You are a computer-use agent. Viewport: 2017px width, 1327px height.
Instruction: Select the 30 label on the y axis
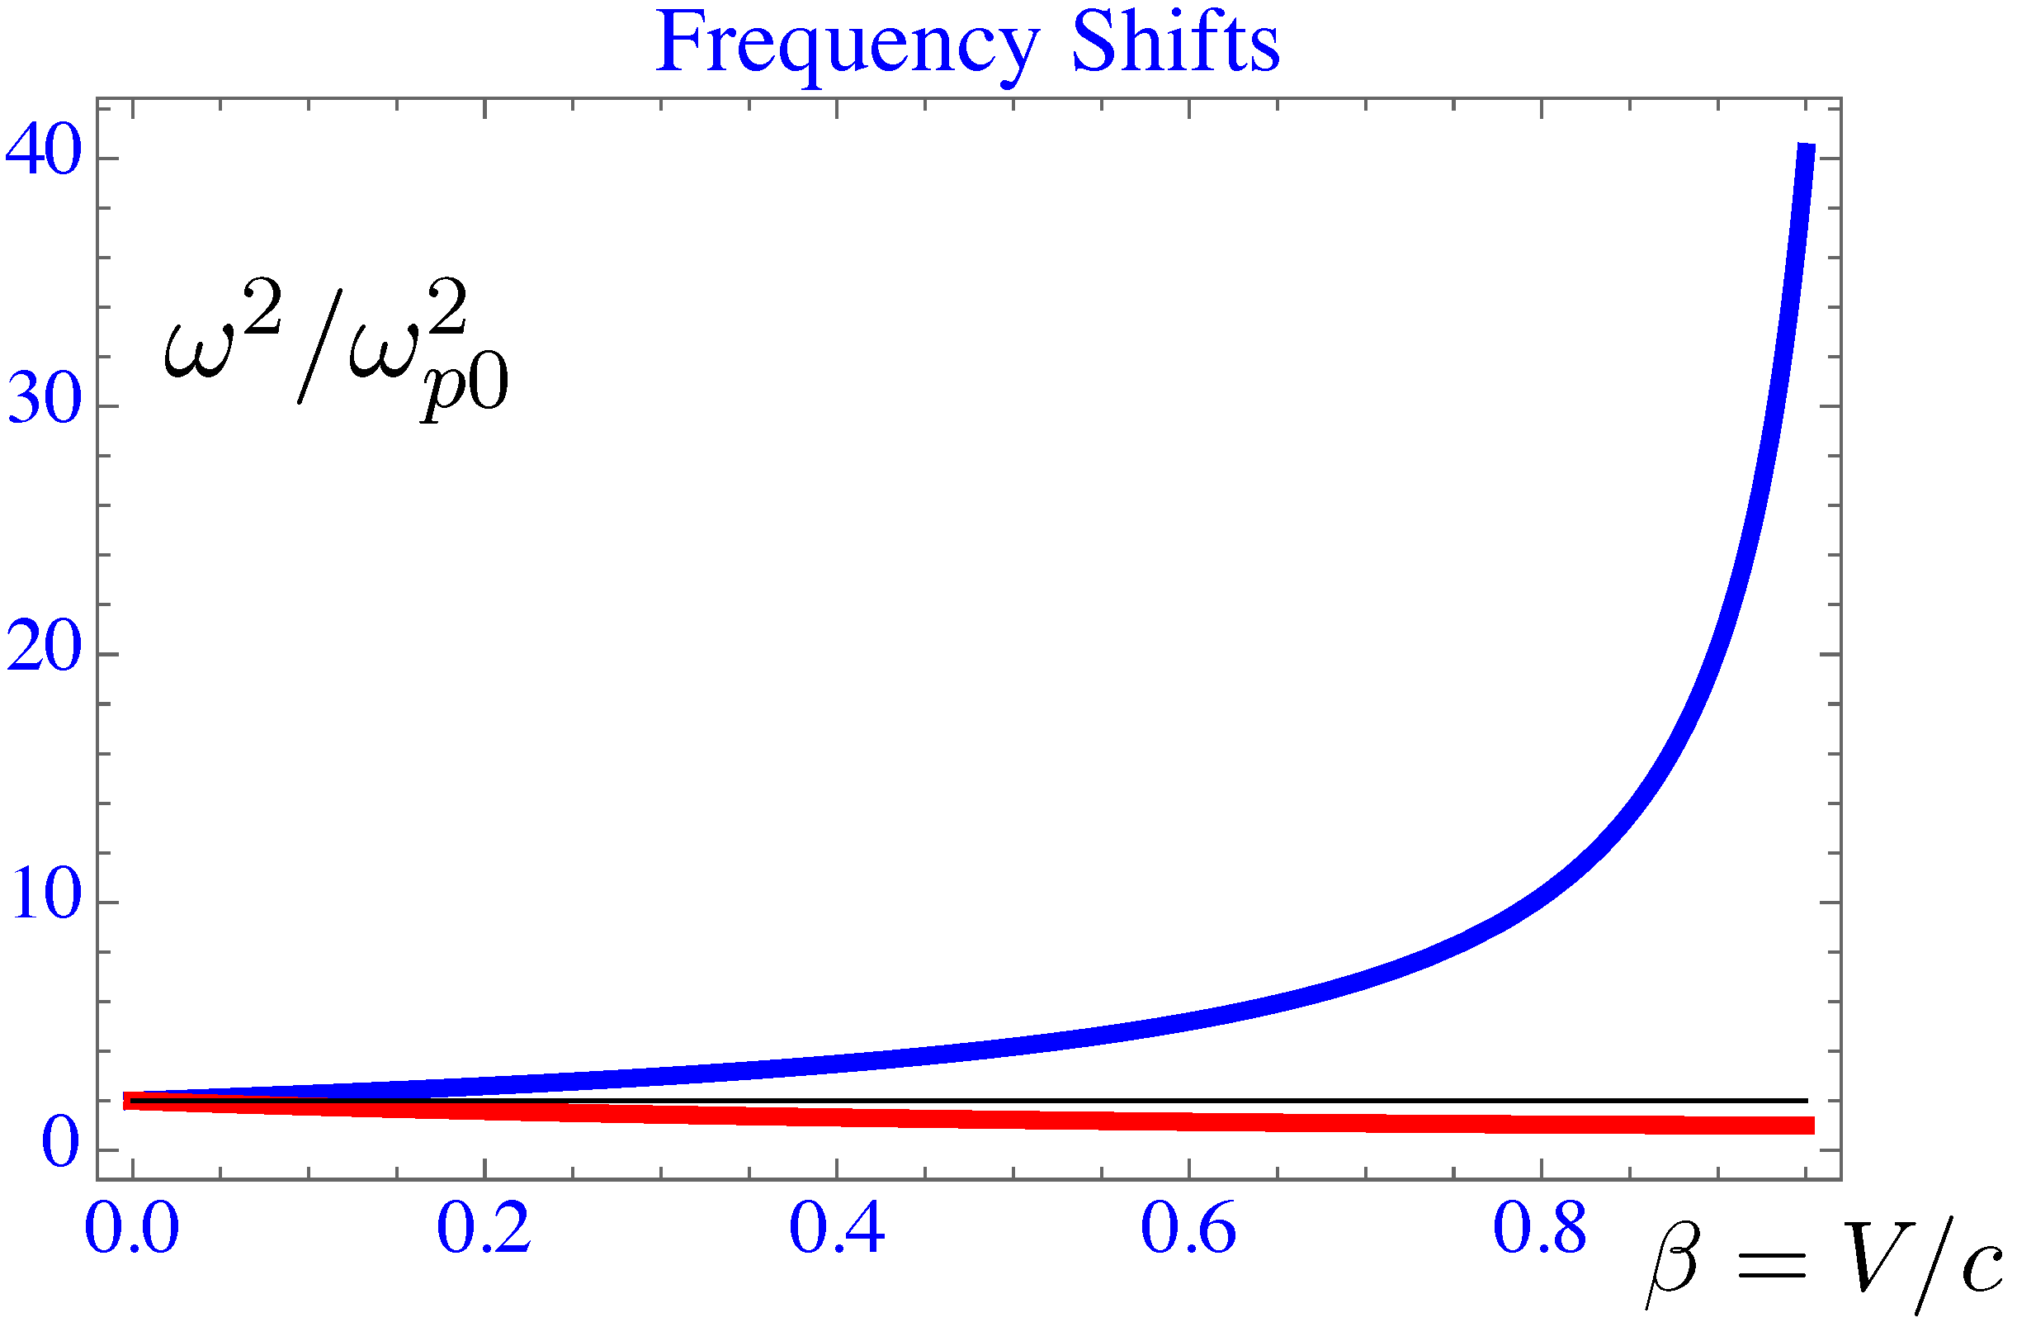44,400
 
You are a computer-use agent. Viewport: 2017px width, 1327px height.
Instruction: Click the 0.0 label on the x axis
132,1230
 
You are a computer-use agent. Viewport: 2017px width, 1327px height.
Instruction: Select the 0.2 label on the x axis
484,1230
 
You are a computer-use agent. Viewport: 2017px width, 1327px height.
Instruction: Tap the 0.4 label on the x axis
837,1230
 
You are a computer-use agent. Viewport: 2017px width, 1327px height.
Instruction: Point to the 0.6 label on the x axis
1188,1230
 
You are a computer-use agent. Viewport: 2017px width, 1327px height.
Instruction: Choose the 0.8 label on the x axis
1540,1230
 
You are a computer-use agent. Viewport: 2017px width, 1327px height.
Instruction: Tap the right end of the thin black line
1806,1101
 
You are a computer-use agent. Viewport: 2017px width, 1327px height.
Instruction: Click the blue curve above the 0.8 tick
1541,898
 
